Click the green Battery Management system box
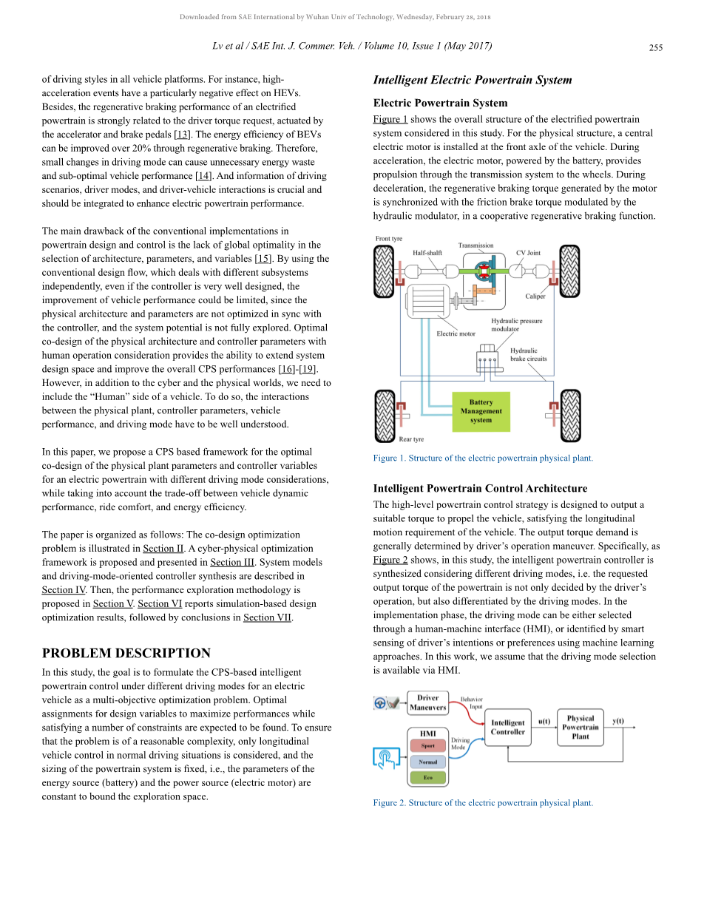pos(481,411)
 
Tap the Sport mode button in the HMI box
pos(427,746)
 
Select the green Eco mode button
pos(427,778)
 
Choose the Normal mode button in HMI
pos(427,762)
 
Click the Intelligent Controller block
pos(508,728)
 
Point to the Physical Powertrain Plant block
pos(581,727)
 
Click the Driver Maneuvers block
pos(428,702)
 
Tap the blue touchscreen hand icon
pos(387,758)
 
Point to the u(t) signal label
pos(544,721)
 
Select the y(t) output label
pos(617,721)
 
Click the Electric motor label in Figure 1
pos(456,333)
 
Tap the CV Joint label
pos(528,253)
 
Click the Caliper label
pos(535,297)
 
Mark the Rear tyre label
pos(411,439)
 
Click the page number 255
pos(656,47)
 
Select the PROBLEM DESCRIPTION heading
pos(126,653)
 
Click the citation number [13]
pos(182,134)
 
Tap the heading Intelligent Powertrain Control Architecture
pos(481,488)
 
